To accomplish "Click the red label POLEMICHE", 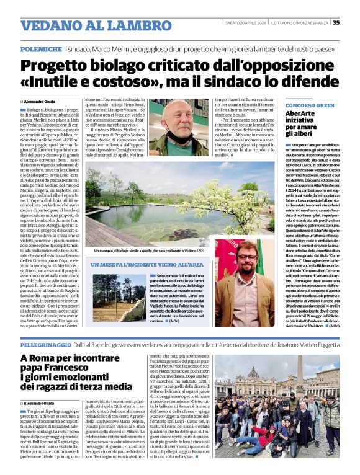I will pos(40,48).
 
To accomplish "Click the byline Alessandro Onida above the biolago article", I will pos(42,101).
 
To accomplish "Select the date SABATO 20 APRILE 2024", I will pos(244,23).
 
